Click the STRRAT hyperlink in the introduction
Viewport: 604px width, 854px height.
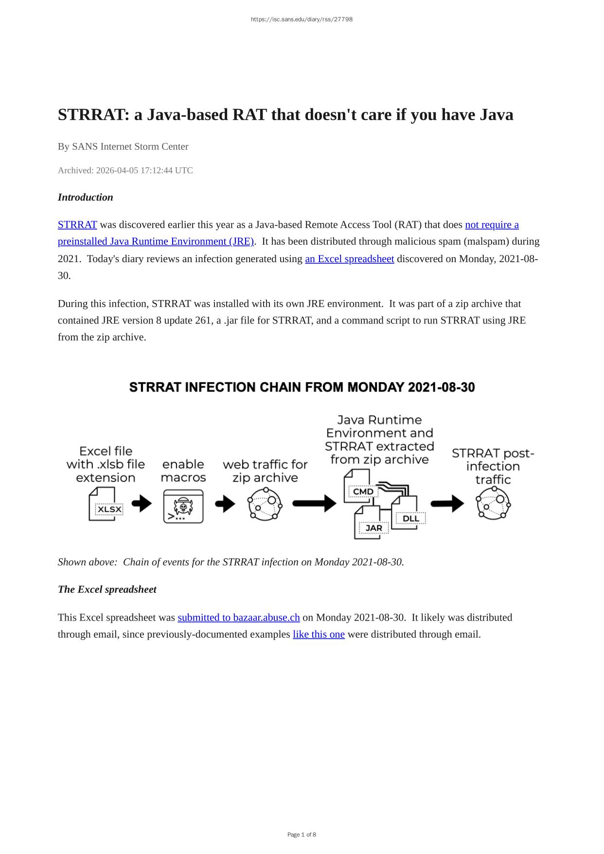(x=77, y=225)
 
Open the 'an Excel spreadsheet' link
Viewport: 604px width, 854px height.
(x=349, y=259)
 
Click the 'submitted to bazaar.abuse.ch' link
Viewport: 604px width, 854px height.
(x=238, y=618)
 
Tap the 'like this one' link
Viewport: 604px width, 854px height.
(x=319, y=635)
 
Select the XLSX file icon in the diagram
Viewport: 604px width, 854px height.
(x=105, y=505)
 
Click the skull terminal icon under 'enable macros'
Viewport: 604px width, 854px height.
(x=183, y=506)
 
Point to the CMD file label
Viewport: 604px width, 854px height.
(x=363, y=491)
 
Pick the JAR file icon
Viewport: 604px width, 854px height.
(x=372, y=523)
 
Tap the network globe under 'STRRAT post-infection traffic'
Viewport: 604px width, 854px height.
(x=493, y=503)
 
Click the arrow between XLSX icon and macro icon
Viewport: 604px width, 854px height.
(x=142, y=503)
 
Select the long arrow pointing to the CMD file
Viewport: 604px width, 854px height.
(x=314, y=503)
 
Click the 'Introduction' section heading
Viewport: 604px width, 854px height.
(x=85, y=197)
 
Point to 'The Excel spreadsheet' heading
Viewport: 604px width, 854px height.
(x=107, y=589)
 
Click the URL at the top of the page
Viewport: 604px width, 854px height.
(x=302, y=19)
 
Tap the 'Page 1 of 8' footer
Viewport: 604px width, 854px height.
(x=302, y=835)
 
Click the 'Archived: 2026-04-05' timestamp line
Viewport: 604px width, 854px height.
(x=125, y=171)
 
